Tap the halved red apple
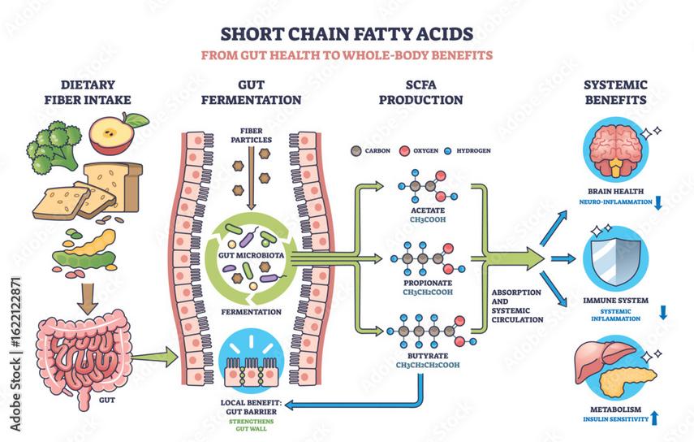[x=114, y=133]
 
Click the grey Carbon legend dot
[x=354, y=151]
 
